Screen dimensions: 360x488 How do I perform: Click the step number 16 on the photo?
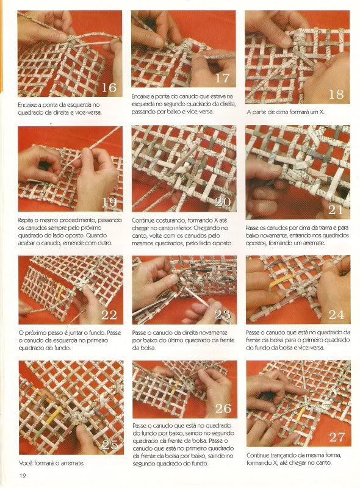coord(109,87)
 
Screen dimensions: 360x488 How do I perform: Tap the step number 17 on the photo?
coord(222,78)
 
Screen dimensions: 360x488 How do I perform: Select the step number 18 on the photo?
coord(336,95)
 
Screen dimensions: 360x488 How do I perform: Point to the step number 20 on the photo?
coord(223,203)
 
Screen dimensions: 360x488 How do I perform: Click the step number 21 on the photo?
coord(336,210)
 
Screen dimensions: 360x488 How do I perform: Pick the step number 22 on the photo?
coord(109,315)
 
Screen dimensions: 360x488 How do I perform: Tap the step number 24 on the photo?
coord(336,315)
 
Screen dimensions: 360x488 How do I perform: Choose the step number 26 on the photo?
coord(223,408)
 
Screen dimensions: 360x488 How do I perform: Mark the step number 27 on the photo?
coord(337,437)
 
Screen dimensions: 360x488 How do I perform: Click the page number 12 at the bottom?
coord(23,476)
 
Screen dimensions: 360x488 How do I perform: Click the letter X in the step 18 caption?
coord(321,112)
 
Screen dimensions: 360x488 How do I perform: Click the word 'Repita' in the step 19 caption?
coord(26,220)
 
